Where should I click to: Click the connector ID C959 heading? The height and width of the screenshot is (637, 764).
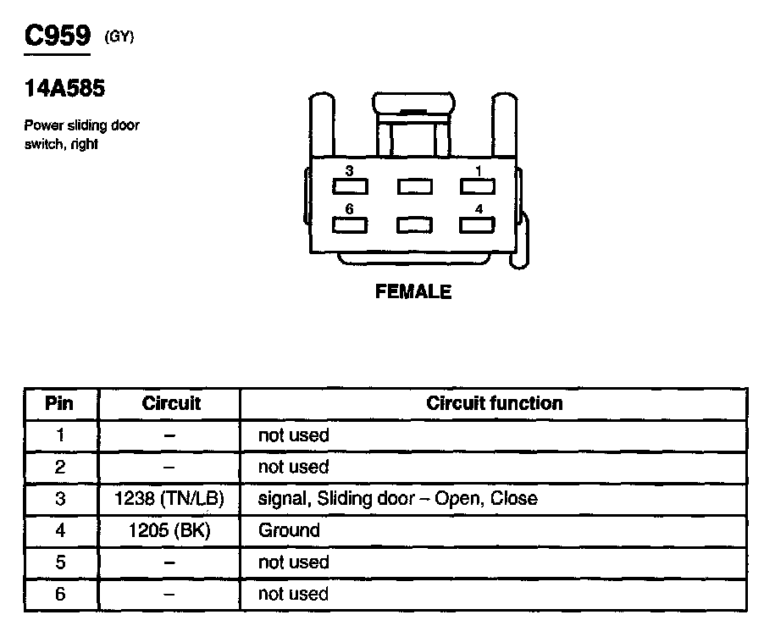pos(58,36)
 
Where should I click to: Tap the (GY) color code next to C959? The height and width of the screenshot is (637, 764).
pos(119,36)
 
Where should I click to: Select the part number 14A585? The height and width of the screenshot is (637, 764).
pos(64,88)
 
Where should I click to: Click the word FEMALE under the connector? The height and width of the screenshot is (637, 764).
pos(413,292)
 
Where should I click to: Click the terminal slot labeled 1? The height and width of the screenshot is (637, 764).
pos(477,186)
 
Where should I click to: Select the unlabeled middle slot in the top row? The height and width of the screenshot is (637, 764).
pos(414,186)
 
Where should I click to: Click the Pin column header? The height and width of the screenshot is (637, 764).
pos(59,403)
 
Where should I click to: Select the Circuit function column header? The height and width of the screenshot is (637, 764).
pos(494,403)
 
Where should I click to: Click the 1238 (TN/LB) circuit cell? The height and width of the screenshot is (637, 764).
pos(169,498)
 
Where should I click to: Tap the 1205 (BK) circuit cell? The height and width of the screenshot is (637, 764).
pos(169,530)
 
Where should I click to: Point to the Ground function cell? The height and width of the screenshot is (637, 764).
pos(289,530)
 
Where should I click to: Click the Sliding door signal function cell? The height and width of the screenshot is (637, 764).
pos(397,498)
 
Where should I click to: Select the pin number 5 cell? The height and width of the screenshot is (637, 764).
pos(59,562)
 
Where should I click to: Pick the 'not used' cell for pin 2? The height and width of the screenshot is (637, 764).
pos(293,467)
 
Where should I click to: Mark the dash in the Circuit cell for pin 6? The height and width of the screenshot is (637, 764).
pos(169,595)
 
